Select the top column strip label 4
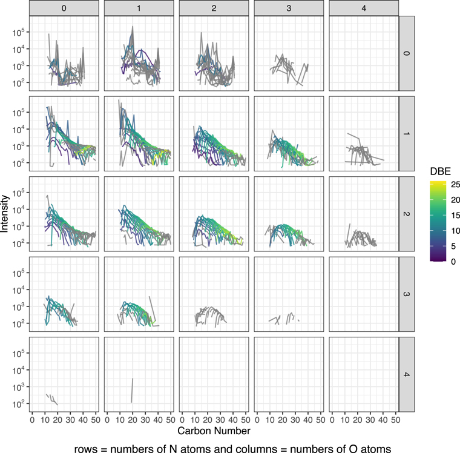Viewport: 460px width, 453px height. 364,8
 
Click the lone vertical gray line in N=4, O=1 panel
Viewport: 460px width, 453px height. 132,391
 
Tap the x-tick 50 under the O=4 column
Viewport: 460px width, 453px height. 395,419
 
